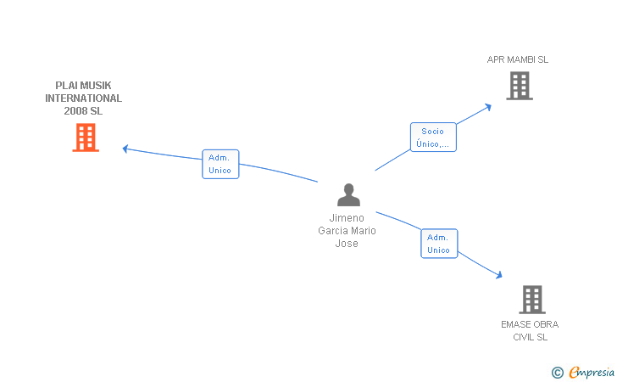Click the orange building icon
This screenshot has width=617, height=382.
point(86,138)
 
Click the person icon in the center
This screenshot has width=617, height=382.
point(348,194)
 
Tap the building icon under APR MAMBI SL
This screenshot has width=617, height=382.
point(520,86)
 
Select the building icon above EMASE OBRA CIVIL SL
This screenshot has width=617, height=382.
point(532,300)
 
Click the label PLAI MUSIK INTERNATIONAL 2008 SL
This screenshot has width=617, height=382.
point(83,98)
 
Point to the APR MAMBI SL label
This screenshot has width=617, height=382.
point(518,59)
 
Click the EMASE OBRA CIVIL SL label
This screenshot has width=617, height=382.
point(530,331)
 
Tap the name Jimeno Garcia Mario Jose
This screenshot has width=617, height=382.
point(347,231)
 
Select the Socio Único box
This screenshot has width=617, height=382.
point(433,138)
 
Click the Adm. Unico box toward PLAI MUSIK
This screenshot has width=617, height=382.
point(220,164)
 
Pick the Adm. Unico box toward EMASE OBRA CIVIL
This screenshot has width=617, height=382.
point(439,244)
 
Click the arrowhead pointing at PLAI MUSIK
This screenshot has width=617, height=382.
point(125,149)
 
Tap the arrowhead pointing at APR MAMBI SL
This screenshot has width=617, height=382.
point(488,107)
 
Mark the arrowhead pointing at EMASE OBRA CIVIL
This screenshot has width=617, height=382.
point(499,275)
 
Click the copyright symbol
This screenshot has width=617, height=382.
point(557,373)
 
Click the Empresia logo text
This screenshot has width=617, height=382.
point(592,372)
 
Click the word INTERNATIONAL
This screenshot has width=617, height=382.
point(83,98)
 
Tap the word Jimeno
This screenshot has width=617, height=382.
point(347,218)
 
